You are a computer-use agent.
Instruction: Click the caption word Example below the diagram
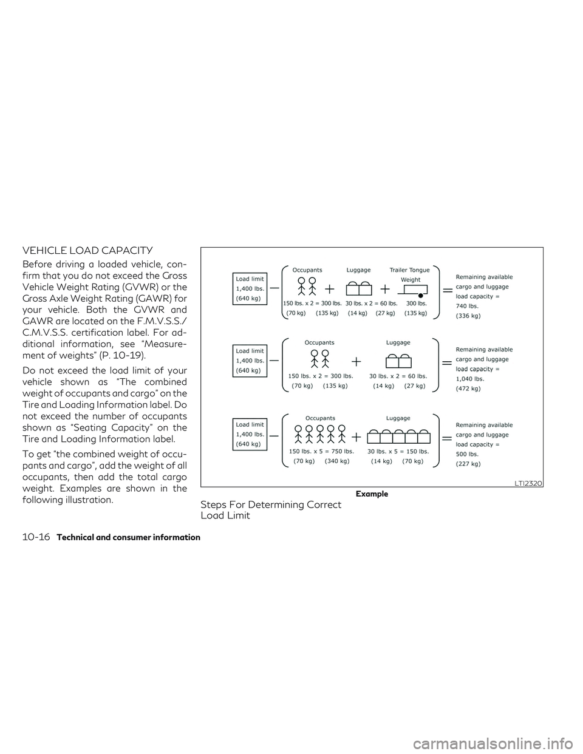pyautogui.click(x=372, y=494)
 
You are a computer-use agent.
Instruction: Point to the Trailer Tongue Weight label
pyautogui.click(x=410, y=274)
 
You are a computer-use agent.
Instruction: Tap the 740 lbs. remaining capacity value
pyautogui.click(x=466, y=306)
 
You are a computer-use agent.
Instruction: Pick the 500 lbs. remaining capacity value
pyautogui.click(x=466, y=453)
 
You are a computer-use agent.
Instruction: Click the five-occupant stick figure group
pyautogui.click(x=320, y=433)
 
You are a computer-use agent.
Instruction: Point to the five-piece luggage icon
pyautogui.click(x=398, y=436)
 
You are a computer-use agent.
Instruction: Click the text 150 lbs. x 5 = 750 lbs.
pyautogui.click(x=321, y=451)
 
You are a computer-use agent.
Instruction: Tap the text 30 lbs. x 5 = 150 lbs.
pyautogui.click(x=398, y=451)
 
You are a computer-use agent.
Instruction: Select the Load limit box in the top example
pyautogui.click(x=250, y=288)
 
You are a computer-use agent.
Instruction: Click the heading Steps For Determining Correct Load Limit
pyautogui.click(x=271, y=510)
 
